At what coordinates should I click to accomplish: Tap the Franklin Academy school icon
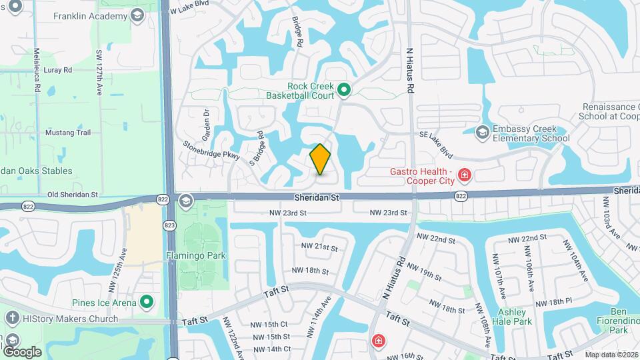coord(137,15)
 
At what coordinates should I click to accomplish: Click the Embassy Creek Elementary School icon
coord(482,133)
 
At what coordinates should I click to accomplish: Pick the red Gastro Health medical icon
coord(465,176)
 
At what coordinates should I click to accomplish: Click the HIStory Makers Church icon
coord(11,319)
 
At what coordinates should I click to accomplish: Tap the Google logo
coord(22,351)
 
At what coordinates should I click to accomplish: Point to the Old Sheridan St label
coord(73,195)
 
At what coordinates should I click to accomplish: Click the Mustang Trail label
coord(67,133)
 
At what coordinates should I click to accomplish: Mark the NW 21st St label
coord(317,247)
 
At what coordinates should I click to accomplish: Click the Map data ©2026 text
coord(611,354)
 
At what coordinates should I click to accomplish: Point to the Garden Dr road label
coord(206,123)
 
